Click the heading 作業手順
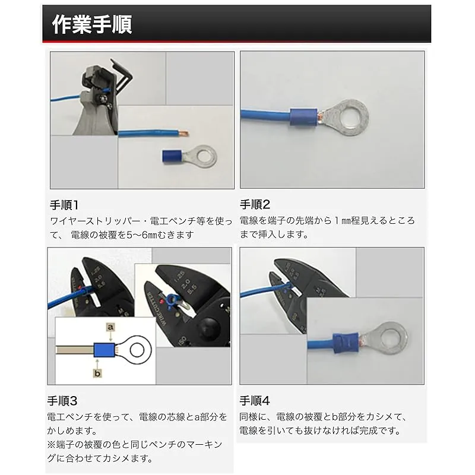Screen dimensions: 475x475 (x=92, y=24)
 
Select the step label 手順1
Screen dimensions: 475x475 (x=64, y=205)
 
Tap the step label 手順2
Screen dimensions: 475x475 (x=255, y=204)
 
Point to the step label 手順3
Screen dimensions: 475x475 (x=62, y=401)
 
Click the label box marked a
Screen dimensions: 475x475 (x=111, y=327)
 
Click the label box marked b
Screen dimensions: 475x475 (x=97, y=373)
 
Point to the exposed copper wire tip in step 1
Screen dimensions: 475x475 (x=183, y=132)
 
